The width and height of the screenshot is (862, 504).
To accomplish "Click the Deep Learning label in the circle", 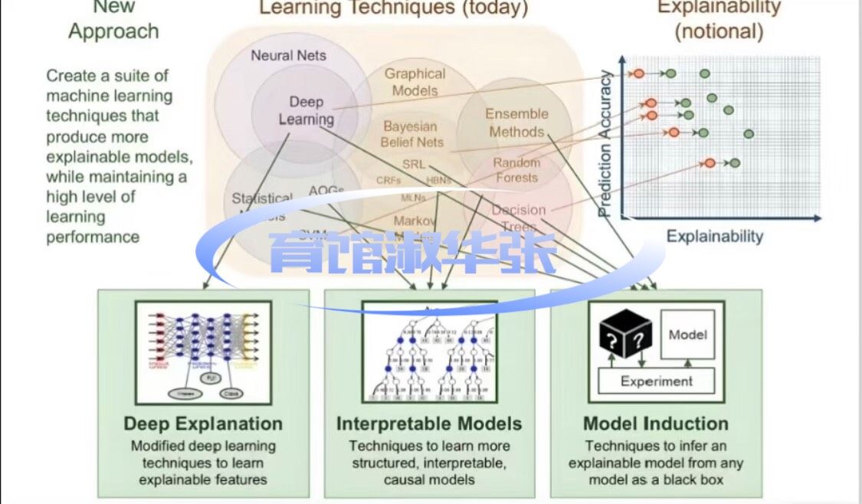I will (306, 110).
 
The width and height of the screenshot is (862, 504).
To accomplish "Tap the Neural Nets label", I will (288, 55).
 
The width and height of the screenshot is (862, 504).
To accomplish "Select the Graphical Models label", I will (415, 82).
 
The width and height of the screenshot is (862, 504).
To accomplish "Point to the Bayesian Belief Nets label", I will (412, 134).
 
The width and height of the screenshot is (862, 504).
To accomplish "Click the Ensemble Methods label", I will (516, 123).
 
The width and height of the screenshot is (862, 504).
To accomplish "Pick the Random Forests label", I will (516, 170).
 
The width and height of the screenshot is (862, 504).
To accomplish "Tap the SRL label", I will (414, 164).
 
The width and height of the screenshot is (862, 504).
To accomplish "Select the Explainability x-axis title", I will (714, 236).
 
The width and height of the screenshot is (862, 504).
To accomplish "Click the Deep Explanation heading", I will (203, 424).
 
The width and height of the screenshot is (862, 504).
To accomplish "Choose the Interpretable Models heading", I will (429, 424).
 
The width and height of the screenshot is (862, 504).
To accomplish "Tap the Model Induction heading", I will (656, 424).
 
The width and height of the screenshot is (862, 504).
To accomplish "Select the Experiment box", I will (656, 381).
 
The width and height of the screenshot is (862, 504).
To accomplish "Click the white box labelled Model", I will (687, 335).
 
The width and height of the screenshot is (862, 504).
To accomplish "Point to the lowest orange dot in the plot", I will (710, 163).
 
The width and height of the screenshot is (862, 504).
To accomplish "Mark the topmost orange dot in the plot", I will (637, 74).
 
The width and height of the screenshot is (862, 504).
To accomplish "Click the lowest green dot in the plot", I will (735, 163).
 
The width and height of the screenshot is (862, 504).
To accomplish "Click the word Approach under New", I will (113, 31).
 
